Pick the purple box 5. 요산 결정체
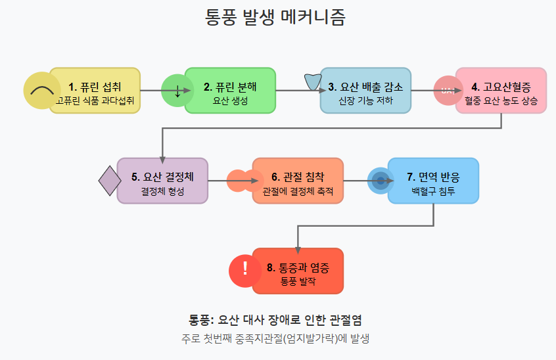coord(162,181)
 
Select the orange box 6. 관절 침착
coord(298,181)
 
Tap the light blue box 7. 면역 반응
coord(434,181)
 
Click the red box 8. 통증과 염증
coord(298,271)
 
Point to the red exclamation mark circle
coord(245,270)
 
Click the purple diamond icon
coord(110,181)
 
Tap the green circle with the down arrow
coord(177,91)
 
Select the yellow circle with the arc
coord(41,91)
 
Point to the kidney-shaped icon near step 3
coord(312,82)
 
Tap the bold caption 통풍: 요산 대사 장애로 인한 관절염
coord(275,320)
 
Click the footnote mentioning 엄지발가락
coord(275,339)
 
